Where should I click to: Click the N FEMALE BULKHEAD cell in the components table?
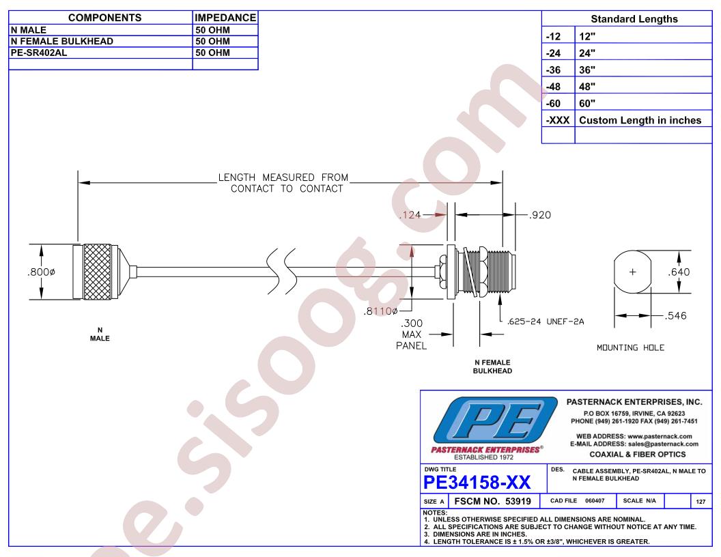[x=62, y=42]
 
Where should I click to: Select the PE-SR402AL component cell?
[x=39, y=53]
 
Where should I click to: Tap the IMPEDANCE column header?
[x=225, y=18]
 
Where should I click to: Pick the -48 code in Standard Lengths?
[x=553, y=87]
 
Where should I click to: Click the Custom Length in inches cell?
[x=640, y=120]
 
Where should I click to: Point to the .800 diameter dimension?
[x=42, y=272]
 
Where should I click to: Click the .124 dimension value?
[x=410, y=214]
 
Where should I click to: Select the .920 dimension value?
[x=540, y=215]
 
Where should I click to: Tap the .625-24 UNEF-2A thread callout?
[x=546, y=322]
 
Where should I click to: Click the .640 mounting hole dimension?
[x=679, y=272]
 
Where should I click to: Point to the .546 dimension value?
[x=675, y=316]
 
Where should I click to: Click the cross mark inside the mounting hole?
[x=633, y=272]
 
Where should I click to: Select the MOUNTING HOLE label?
[x=630, y=348]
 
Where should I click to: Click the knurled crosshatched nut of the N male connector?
[x=98, y=272]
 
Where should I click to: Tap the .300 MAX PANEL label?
[x=412, y=334]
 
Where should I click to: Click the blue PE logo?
[x=495, y=420]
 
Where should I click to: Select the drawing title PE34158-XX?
[x=477, y=483]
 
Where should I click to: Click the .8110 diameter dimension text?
[x=381, y=311]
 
